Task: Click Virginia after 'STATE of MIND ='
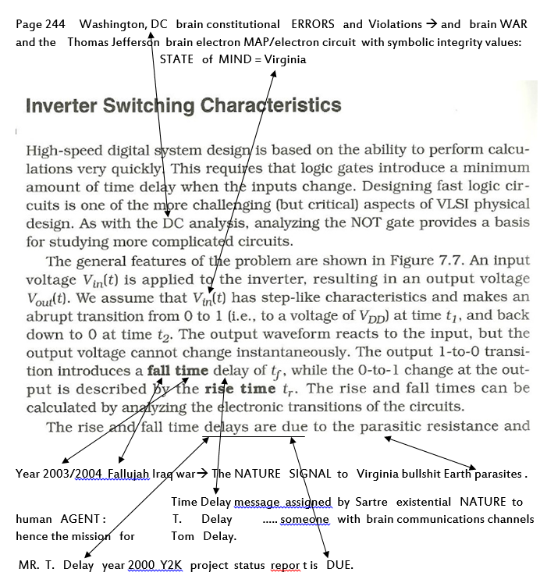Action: [x=286, y=59]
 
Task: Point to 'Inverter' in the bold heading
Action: [x=63, y=106]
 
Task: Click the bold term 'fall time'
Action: [x=178, y=371]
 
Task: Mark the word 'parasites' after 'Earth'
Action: [x=495, y=474]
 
